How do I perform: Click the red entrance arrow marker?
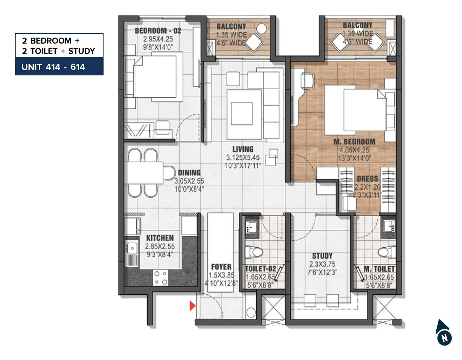point(192,306)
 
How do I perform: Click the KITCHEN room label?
point(160,238)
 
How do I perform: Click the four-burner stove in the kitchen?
point(161,278)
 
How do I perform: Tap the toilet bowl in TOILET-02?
point(254,252)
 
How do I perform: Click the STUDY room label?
point(322,256)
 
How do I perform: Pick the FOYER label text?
point(221,267)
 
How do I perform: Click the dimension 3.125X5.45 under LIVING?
point(243,157)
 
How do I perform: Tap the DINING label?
point(189,173)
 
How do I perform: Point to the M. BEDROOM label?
point(354,142)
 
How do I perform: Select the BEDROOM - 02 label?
point(158,31)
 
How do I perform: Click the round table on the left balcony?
point(261,29)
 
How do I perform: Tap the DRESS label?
point(367,179)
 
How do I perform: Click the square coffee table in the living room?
point(242,114)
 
